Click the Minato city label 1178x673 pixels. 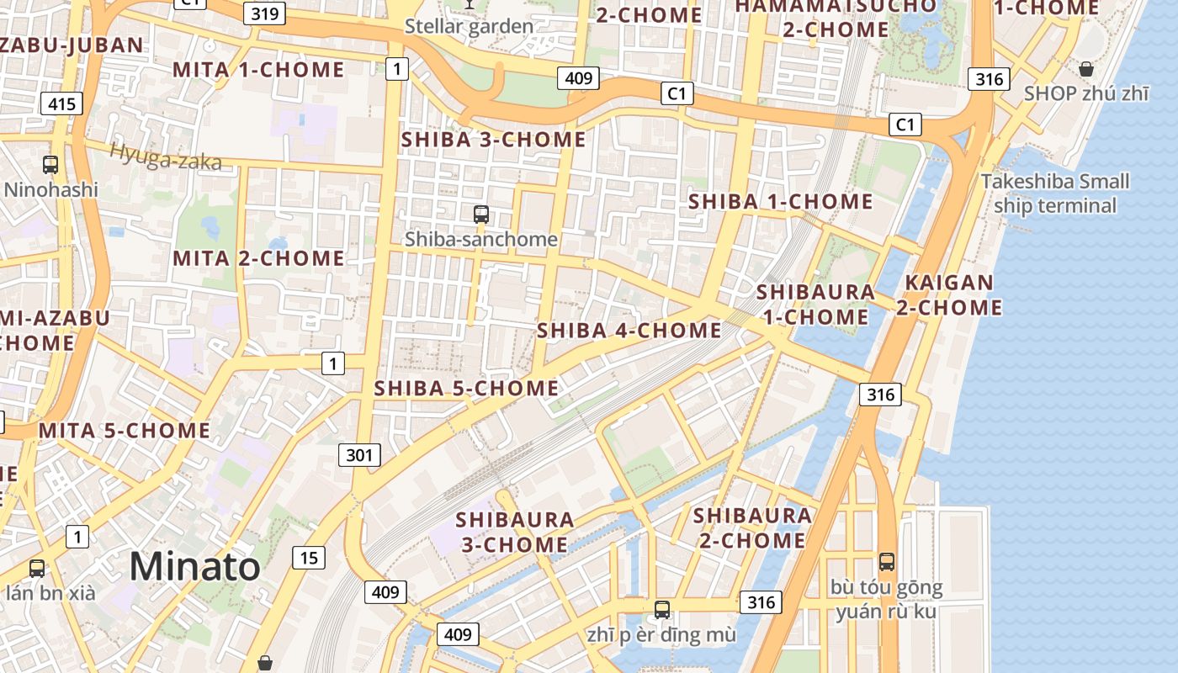coord(195,566)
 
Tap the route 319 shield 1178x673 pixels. coord(265,13)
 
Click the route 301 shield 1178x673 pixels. coord(359,455)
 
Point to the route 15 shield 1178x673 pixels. coord(309,557)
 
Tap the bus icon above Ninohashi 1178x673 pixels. coord(50,165)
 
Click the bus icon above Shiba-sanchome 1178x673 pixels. coord(481,215)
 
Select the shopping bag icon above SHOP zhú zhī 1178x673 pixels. coord(1086,69)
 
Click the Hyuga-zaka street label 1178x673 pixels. coord(165,156)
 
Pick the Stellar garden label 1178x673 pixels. coord(469,26)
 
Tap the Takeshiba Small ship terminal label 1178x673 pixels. coord(1055,193)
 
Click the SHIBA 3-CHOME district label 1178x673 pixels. coord(493,140)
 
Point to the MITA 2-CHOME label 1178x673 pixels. coord(259,258)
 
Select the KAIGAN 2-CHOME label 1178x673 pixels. coord(949,295)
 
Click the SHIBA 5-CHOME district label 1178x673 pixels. coord(466,388)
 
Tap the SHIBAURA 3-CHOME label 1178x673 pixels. coord(515,532)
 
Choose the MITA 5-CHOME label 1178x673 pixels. coord(125,431)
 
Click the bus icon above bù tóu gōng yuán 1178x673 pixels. coord(886,562)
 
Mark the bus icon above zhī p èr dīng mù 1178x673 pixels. coord(662,610)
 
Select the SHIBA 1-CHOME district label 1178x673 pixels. coord(781,202)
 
